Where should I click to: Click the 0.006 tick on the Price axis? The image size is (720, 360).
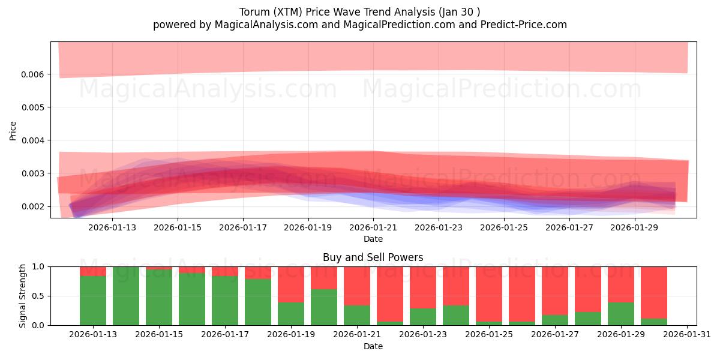35,74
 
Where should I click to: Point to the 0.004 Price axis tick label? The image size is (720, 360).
35,140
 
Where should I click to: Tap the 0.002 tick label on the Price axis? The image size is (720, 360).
35,206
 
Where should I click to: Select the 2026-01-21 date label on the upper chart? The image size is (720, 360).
374,227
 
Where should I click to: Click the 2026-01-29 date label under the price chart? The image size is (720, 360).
636,227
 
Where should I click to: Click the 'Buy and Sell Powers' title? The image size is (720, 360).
373,257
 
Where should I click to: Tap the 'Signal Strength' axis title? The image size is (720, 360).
23,296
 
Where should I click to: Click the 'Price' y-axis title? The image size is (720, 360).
13,130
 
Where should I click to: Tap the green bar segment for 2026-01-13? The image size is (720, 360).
93,300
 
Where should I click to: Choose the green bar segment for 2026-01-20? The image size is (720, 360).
324,307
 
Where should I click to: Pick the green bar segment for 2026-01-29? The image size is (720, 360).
621,313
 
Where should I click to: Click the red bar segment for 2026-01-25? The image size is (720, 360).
489,294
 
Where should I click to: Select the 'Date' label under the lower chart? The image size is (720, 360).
373,346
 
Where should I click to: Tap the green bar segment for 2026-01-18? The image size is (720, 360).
258,302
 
